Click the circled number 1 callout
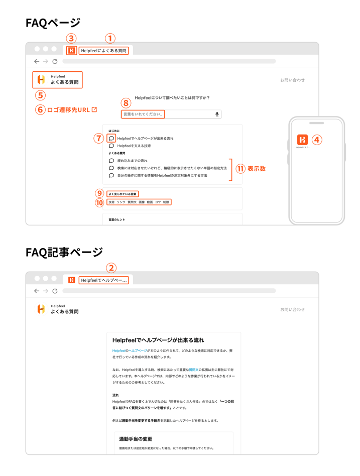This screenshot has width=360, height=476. coord(110,38)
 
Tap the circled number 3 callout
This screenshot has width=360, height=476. coord(71,38)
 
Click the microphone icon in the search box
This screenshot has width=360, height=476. coord(217,114)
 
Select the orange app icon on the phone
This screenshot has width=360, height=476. coord(302,140)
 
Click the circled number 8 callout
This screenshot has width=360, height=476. coord(126,103)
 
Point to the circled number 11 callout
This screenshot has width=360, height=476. coord(241,169)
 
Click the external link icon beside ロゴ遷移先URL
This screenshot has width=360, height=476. coord(94,109)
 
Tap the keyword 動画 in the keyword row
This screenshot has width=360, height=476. coord(150,202)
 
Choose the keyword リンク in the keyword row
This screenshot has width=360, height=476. coord(121,202)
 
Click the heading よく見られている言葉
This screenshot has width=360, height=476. coord(122,194)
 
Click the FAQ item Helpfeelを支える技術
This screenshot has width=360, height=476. coord(134,146)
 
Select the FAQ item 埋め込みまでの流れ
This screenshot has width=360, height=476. coord(132,161)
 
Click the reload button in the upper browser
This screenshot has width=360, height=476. coord(55,61)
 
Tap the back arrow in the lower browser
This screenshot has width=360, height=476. coord(37,291)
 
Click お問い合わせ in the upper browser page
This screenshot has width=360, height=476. coord(292,80)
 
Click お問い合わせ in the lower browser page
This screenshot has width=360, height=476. coord(292,309)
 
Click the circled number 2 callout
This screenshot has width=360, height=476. coord(111,268)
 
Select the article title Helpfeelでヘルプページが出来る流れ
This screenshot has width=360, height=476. coord(158,340)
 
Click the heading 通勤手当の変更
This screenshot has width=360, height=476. coord(136,439)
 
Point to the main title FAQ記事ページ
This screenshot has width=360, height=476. coord(64,252)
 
